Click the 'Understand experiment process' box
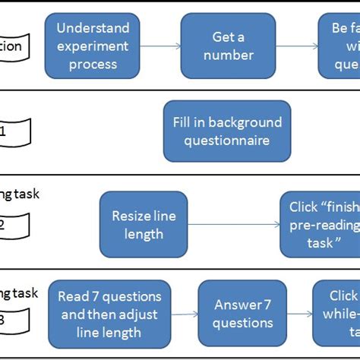point(93,46)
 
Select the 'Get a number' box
point(227,46)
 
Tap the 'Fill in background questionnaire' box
point(227,131)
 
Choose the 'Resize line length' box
point(144,225)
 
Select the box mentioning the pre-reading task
point(320,225)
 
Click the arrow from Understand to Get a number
point(158,46)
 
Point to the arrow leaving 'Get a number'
point(295,46)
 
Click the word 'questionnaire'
point(227,141)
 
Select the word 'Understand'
point(93,28)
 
